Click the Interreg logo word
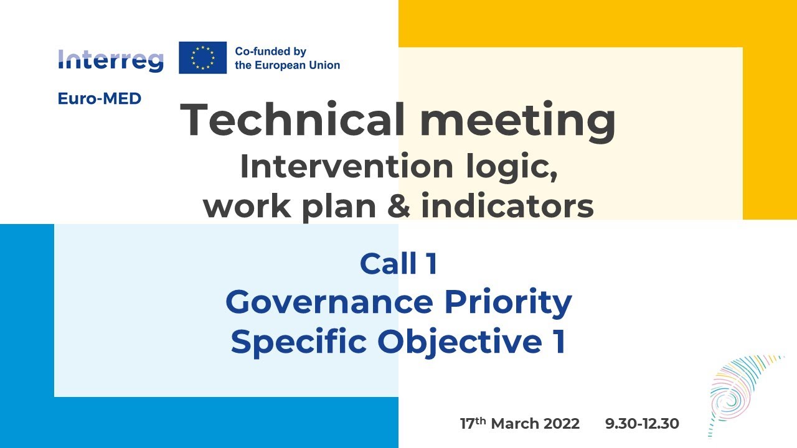point(111,60)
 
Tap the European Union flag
point(202,58)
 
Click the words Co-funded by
point(270,52)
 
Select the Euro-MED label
point(100,98)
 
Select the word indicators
point(507,207)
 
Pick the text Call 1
point(398,264)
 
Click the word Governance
point(329,302)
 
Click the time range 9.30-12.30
point(642,424)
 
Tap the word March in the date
point(514,424)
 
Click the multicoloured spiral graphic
point(738,392)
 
